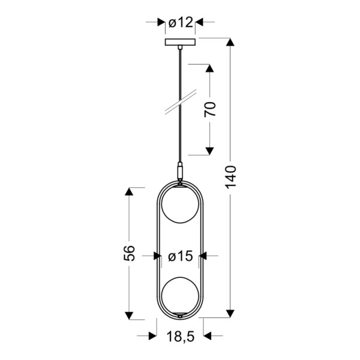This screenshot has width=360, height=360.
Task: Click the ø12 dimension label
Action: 181,23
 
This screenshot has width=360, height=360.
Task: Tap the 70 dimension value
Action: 210,109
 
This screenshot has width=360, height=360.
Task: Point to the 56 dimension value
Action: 129,253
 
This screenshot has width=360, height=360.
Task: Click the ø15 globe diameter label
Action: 181,256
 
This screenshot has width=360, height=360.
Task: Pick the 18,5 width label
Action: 181,337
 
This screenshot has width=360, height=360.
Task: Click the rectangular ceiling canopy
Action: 180,42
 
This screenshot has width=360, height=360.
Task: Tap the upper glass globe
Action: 180,205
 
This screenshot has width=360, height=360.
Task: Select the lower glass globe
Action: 180,295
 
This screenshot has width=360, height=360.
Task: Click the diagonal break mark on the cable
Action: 181,102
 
